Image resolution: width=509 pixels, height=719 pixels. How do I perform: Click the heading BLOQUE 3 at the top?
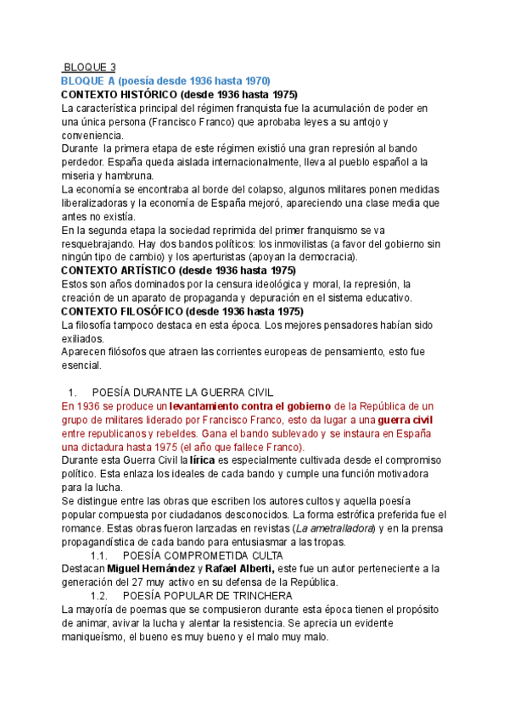(91, 67)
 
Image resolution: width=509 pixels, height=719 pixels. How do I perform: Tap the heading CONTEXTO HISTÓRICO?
(180, 94)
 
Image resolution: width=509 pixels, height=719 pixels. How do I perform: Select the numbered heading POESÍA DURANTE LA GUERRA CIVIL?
(182, 392)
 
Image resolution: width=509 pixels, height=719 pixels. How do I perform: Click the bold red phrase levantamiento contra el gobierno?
(250, 406)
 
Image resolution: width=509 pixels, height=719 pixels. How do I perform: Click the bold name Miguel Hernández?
(147, 569)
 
